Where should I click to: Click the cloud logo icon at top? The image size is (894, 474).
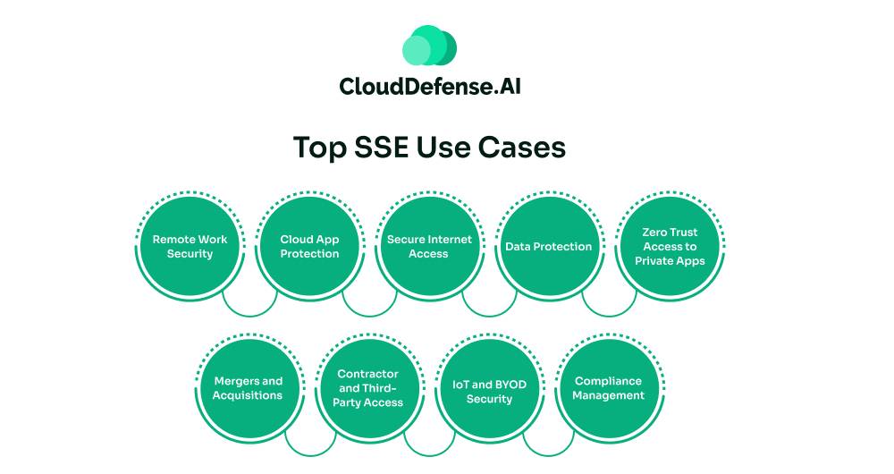click(429, 46)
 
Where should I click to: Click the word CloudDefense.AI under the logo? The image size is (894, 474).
click(429, 87)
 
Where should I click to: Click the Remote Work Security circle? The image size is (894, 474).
click(190, 246)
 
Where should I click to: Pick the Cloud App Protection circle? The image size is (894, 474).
click(309, 246)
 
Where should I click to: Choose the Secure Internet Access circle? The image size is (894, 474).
click(429, 246)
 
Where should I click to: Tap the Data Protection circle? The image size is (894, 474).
click(549, 246)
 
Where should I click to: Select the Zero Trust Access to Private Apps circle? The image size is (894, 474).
click(670, 246)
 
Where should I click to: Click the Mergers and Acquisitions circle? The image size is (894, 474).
click(248, 388)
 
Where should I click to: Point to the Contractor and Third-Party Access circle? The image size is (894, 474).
click(368, 388)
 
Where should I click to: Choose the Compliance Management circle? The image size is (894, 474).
click(609, 388)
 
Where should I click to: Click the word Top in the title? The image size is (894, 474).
click(316, 147)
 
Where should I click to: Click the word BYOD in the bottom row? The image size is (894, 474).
click(507, 385)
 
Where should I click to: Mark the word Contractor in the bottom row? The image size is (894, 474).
click(368, 374)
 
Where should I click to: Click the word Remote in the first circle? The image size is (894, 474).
click(173, 239)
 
